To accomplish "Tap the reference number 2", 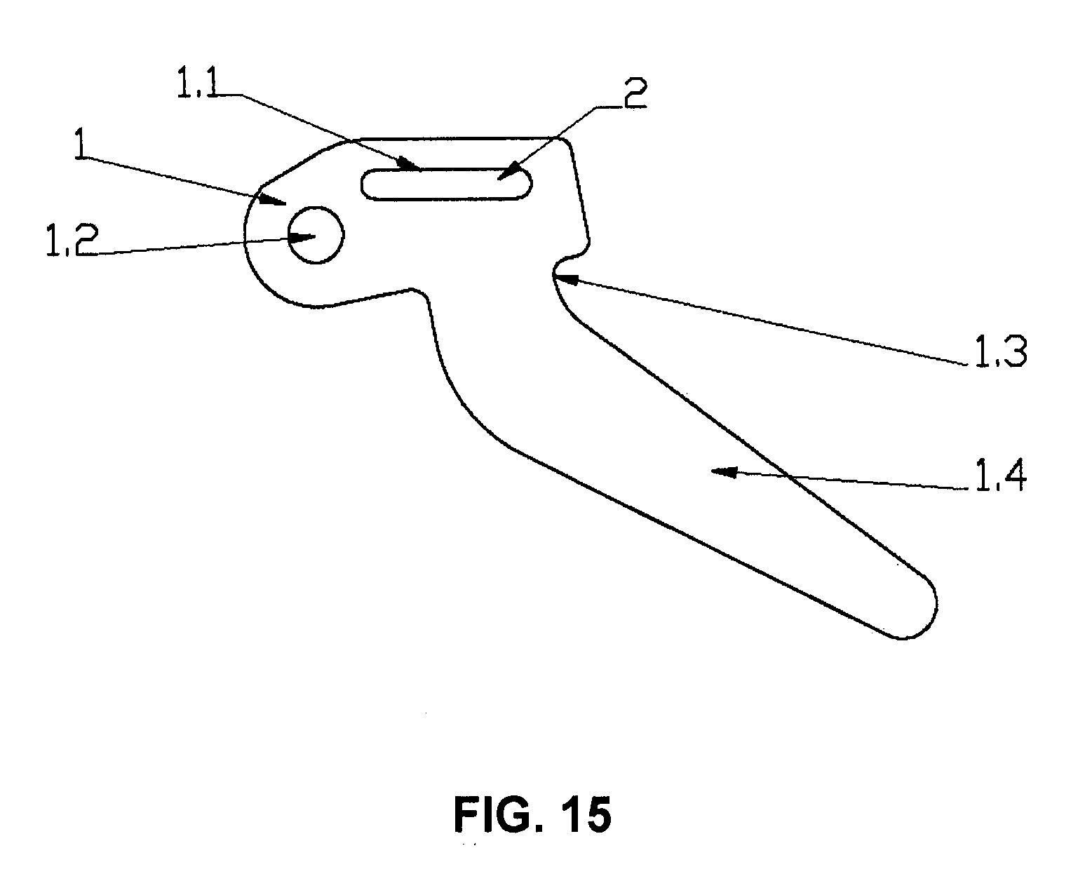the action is pyautogui.click(x=635, y=93).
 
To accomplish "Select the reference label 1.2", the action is pyautogui.click(x=72, y=240).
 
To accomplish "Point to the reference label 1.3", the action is pyautogui.click(x=1001, y=351).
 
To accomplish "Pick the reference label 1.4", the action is pyautogui.click(x=1000, y=476).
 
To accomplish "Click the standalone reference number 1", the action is pyautogui.click(x=81, y=144).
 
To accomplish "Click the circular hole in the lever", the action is pyautogui.click(x=316, y=235).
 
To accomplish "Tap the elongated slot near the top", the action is pyautogui.click(x=446, y=183).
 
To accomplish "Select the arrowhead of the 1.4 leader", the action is pyautogui.click(x=723, y=471).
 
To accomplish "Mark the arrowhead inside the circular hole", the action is pyautogui.click(x=302, y=237).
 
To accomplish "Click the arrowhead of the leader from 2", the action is pyautogui.click(x=508, y=173).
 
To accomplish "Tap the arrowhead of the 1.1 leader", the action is pyautogui.click(x=410, y=165).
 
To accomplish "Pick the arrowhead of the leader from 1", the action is pyautogui.click(x=273, y=200).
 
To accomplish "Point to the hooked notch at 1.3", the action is pyautogui.click(x=568, y=261).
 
